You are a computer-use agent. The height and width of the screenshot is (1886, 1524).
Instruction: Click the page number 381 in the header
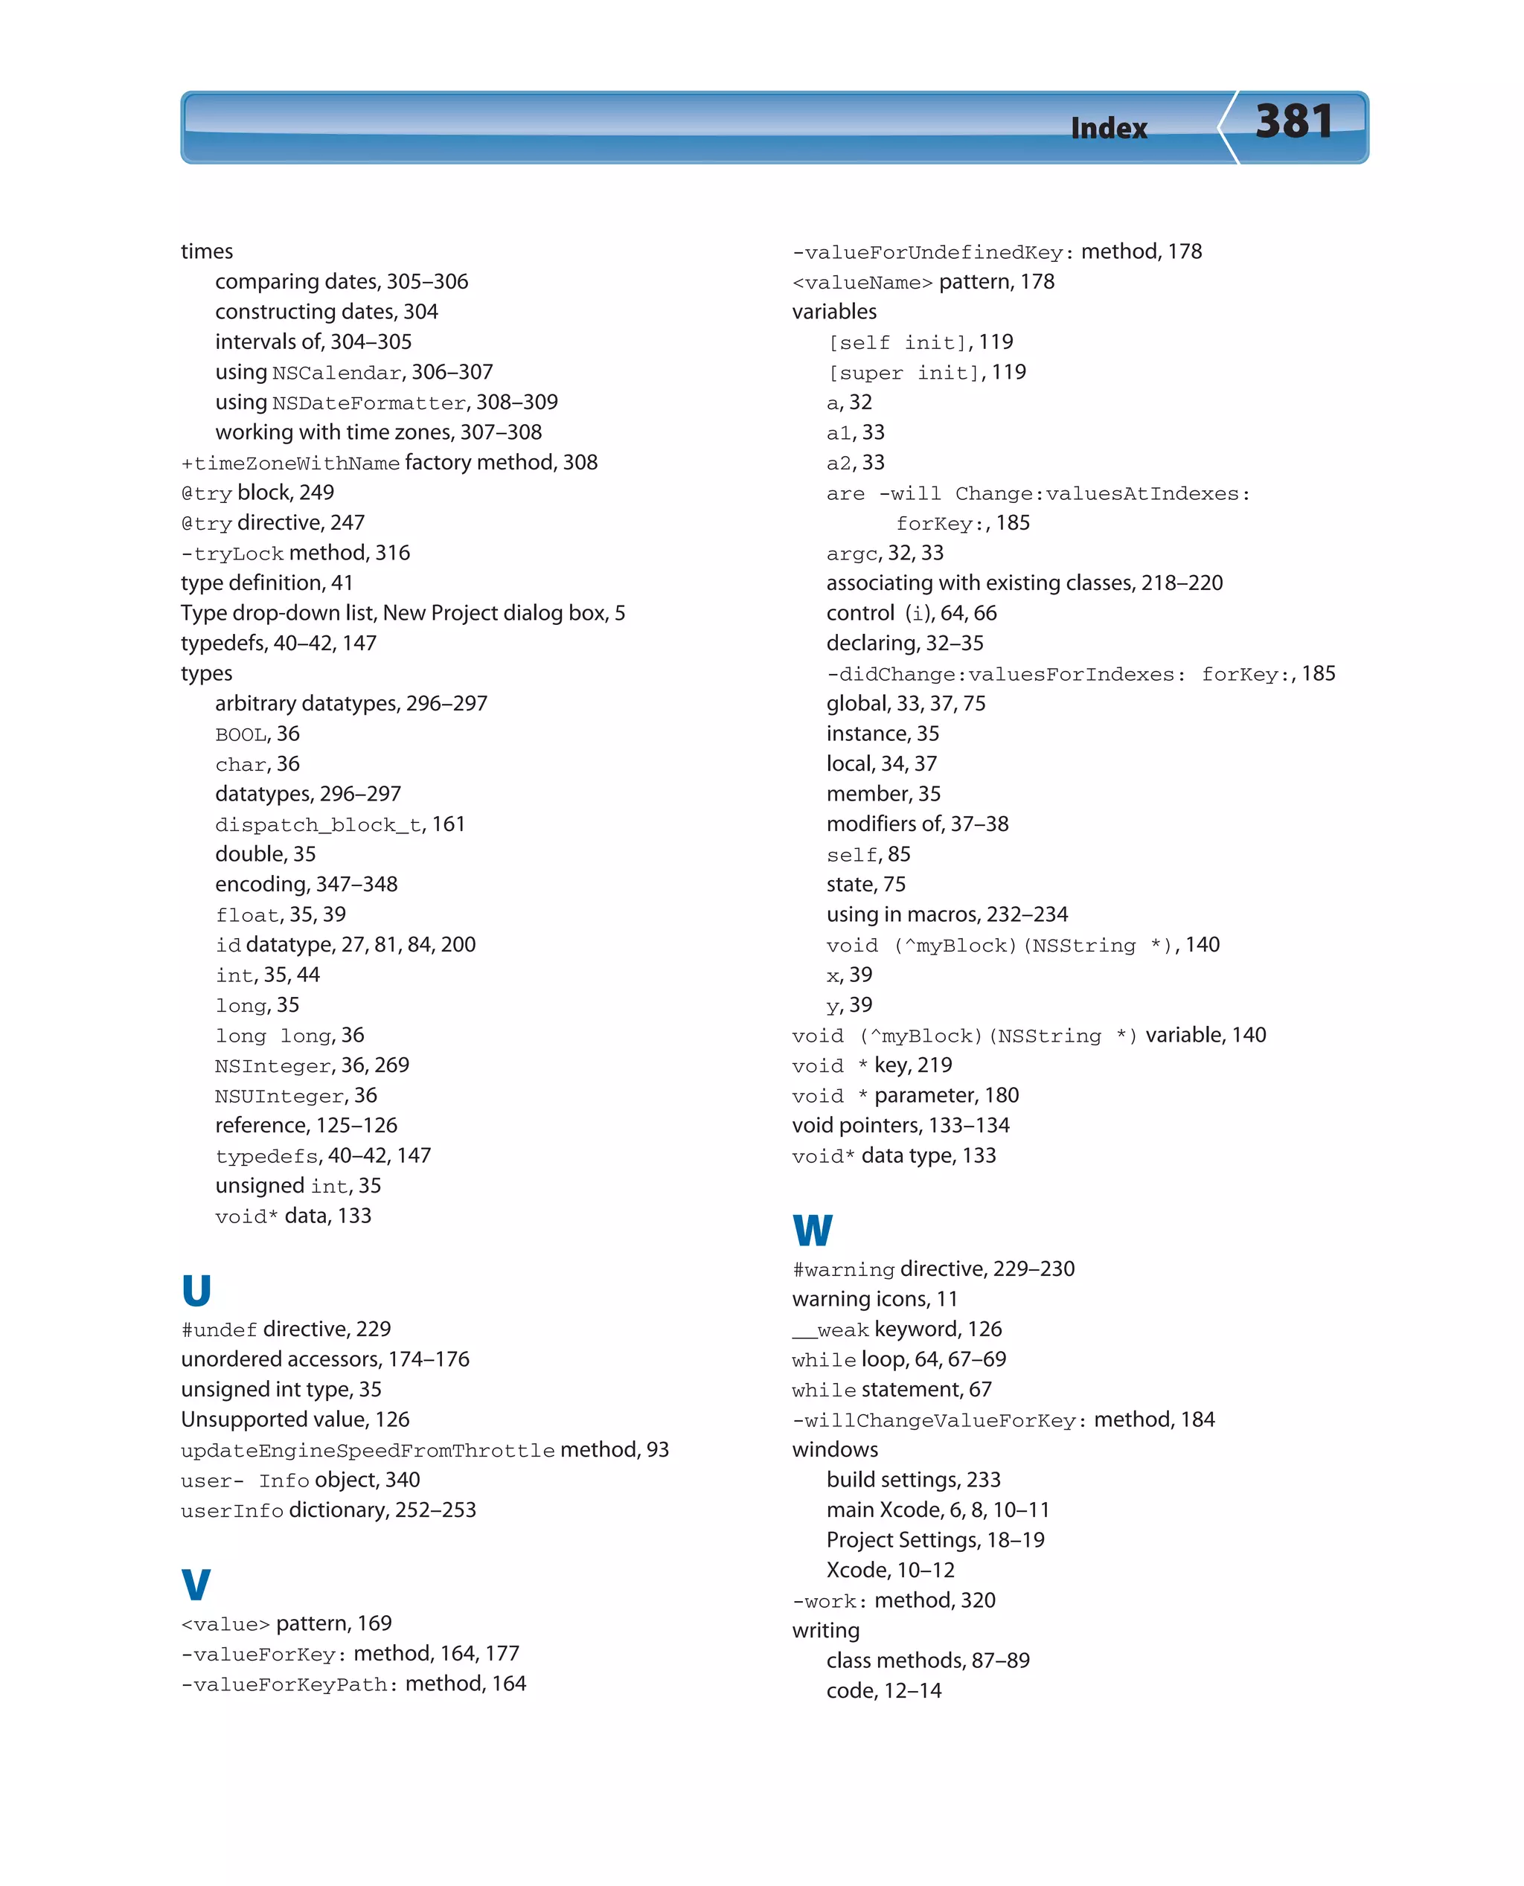(1293, 122)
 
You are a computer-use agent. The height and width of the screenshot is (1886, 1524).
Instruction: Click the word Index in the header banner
(1108, 129)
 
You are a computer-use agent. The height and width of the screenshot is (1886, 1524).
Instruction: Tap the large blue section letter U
(196, 1290)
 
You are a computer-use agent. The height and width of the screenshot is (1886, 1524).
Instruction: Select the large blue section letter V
(196, 1584)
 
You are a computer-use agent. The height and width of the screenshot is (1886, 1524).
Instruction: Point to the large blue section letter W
(812, 1230)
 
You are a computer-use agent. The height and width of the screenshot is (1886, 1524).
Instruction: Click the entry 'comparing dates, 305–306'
(342, 282)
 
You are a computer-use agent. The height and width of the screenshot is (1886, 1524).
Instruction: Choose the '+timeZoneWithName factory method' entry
(389, 463)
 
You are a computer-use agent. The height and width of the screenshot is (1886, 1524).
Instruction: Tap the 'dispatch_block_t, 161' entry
(340, 824)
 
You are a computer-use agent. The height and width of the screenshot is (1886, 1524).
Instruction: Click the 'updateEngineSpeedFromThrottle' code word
(367, 1451)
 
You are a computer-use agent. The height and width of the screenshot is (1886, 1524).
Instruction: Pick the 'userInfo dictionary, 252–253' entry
(328, 1510)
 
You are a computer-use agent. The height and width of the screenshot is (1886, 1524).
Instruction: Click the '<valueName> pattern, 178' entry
(923, 282)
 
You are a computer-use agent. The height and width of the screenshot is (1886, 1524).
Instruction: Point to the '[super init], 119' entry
(926, 372)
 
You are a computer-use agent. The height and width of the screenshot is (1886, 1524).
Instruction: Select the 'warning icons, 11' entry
(874, 1299)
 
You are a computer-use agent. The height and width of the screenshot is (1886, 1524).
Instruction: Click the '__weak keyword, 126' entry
(896, 1329)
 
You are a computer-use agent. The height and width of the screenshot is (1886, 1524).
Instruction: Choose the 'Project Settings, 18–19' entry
(935, 1540)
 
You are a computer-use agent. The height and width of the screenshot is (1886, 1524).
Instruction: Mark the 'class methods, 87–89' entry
(927, 1661)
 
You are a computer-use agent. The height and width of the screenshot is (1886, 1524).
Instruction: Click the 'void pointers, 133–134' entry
(900, 1125)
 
